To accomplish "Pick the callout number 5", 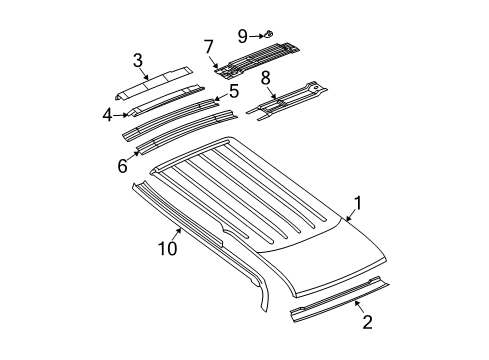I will [234, 90].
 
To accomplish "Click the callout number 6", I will [122, 166].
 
